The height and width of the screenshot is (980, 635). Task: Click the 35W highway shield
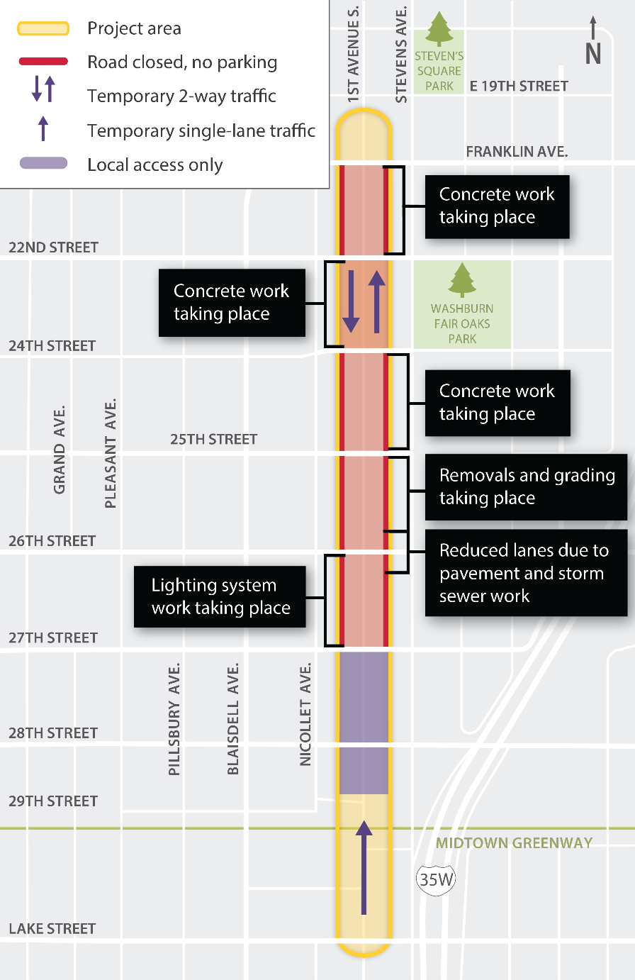click(435, 880)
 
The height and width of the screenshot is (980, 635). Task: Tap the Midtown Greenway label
click(514, 843)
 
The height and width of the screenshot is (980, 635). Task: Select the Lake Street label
click(52, 929)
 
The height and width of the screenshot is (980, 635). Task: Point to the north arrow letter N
click(593, 53)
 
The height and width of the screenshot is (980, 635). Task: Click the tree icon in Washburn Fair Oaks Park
click(462, 280)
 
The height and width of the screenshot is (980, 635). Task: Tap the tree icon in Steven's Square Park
click(439, 29)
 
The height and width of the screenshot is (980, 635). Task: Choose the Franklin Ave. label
click(517, 152)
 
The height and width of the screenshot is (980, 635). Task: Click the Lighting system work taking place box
click(220, 596)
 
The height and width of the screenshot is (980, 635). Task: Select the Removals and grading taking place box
click(526, 486)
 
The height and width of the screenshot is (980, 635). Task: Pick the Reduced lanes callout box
click(526, 573)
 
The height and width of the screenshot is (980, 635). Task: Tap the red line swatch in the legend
click(43, 62)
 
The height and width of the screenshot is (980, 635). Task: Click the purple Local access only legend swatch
click(43, 164)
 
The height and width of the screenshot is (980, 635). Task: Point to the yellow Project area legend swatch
click(43, 28)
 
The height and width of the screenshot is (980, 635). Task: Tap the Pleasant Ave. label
click(110, 454)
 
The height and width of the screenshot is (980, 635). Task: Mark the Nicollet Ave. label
click(305, 714)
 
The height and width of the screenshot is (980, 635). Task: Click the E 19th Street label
click(519, 87)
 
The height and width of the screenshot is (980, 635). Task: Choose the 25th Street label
click(213, 440)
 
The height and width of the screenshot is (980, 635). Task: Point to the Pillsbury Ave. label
click(174, 719)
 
